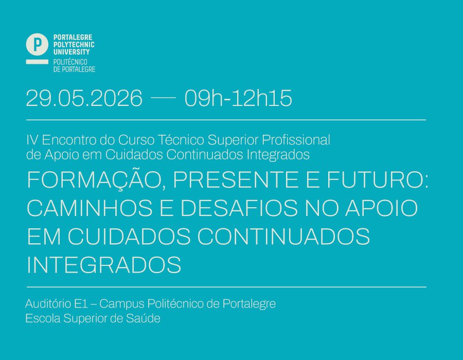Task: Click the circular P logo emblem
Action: pyautogui.click(x=37, y=44)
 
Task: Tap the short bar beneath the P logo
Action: pyautogui.click(x=37, y=62)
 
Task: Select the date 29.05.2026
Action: pyautogui.click(x=84, y=98)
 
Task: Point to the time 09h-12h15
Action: pyautogui.click(x=238, y=98)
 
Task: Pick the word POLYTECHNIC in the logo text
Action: pyautogui.click(x=74, y=45)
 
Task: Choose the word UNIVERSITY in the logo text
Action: pyautogui.click(x=72, y=52)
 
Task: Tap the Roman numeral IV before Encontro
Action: pyautogui.click(x=32, y=140)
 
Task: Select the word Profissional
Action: pyautogui.click(x=296, y=140)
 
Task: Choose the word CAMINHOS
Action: pyautogui.click(x=90, y=208)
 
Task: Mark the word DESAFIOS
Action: pyautogui.click(x=239, y=208)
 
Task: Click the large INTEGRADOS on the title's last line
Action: pyautogui.click(x=104, y=264)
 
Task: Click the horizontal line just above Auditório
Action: pyautogui.click(x=226, y=286)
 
